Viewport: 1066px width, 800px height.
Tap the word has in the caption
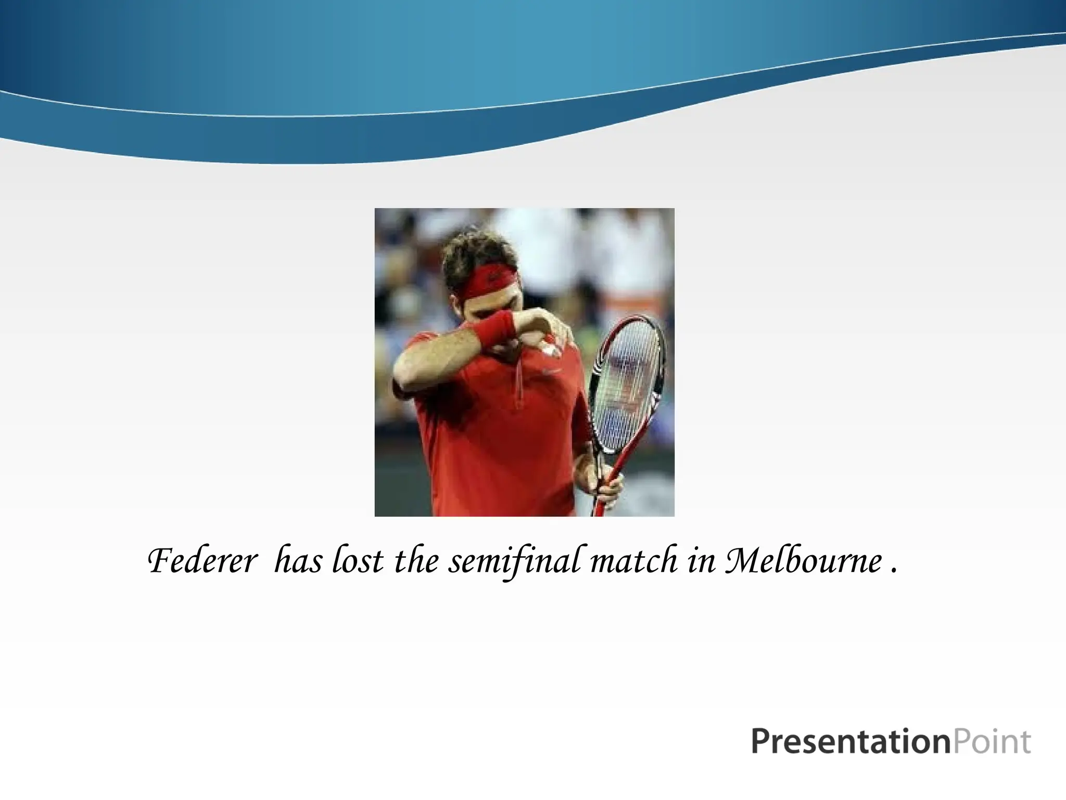pos(298,562)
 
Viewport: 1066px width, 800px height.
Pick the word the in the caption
pos(416,562)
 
